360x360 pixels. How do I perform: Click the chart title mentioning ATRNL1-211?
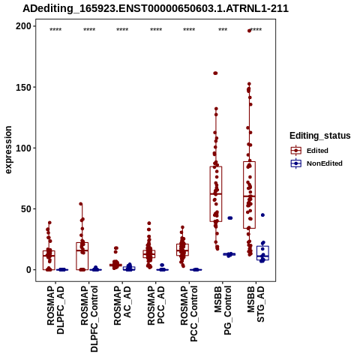click(x=155, y=8)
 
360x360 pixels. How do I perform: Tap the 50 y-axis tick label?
click(x=26, y=209)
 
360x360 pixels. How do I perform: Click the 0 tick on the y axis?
click(x=28, y=270)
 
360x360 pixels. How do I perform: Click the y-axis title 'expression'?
click(x=8, y=150)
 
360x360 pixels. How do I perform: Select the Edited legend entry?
click(x=310, y=151)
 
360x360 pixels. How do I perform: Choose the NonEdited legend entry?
click(x=316, y=163)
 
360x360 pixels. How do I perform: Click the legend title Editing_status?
click(x=320, y=136)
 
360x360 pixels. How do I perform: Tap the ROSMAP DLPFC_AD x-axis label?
click(x=55, y=310)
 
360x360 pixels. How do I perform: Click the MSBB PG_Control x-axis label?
click(x=223, y=310)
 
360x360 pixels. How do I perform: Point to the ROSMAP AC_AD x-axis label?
click(x=122, y=305)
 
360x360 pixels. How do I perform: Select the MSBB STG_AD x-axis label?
click(x=256, y=304)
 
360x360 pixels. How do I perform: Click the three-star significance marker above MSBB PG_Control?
click(x=223, y=30)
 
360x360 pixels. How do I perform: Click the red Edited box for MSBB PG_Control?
click(x=216, y=194)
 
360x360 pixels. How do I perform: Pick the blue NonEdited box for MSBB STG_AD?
click(x=262, y=253)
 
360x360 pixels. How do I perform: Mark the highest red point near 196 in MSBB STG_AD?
click(x=249, y=31)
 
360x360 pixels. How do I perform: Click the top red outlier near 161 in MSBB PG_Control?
click(x=215, y=73)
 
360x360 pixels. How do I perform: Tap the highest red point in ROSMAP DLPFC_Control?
click(x=81, y=204)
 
